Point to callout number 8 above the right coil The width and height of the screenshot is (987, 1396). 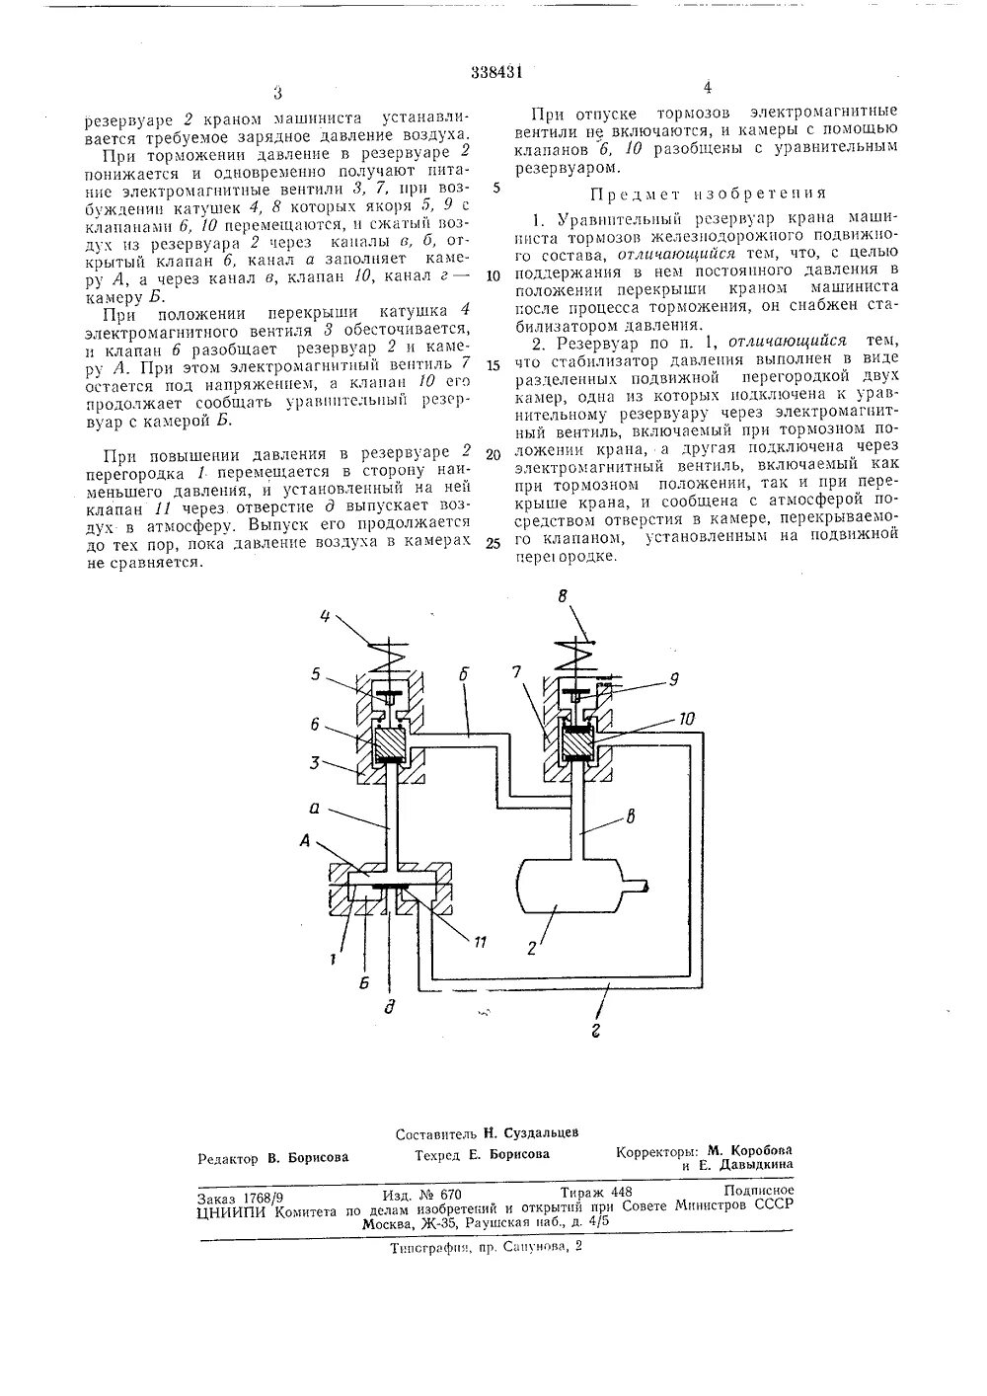tap(563, 597)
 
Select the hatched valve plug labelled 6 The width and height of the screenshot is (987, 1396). tap(387, 741)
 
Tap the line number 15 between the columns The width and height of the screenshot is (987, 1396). tap(494, 364)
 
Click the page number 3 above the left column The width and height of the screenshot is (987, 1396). tap(277, 93)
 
